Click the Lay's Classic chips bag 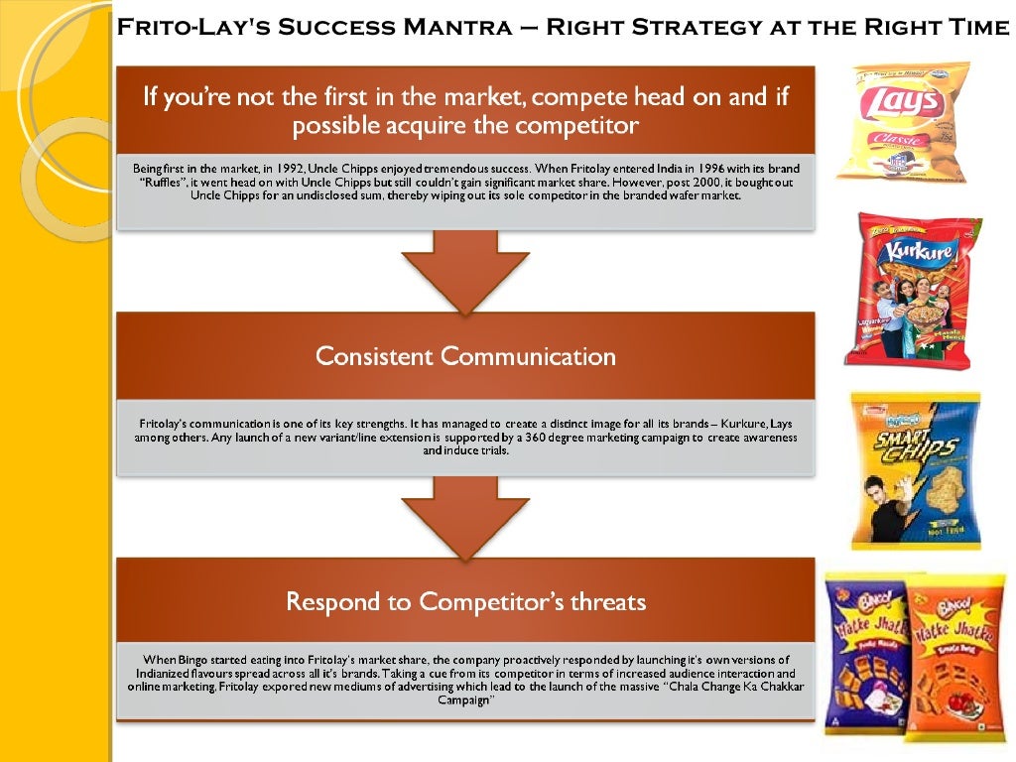(x=901, y=122)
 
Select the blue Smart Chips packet (x=915, y=469)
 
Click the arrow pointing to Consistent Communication (x=465, y=270)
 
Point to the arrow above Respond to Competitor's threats (x=465, y=514)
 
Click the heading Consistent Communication (x=465, y=356)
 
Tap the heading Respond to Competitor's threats (x=465, y=601)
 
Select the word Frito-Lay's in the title (x=181, y=27)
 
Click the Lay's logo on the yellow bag (x=903, y=100)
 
